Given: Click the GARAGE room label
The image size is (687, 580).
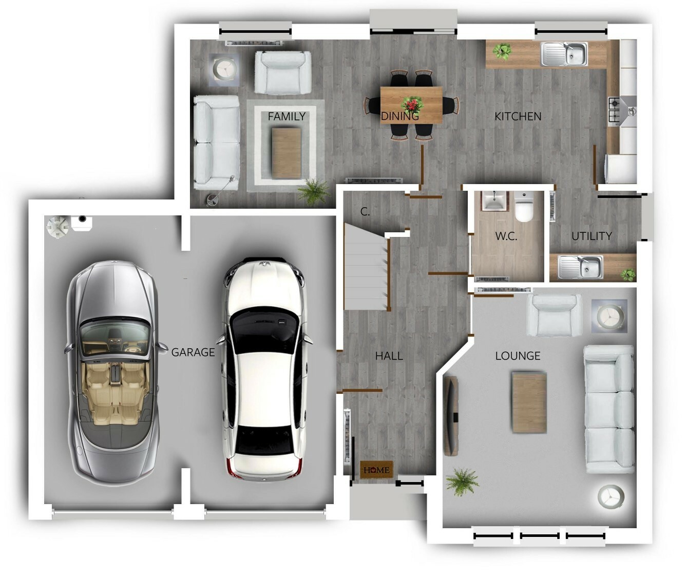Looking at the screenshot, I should click(x=193, y=352).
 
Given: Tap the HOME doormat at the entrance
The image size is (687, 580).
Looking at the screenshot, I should click(x=376, y=470).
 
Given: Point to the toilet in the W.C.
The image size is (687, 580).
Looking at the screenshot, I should click(x=524, y=207).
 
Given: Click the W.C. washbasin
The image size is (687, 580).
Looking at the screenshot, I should click(x=494, y=201).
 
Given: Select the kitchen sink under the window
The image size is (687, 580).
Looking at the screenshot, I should click(x=564, y=53).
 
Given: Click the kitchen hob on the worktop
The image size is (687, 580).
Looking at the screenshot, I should click(x=614, y=110).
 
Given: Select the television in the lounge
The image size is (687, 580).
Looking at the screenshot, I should click(x=451, y=416).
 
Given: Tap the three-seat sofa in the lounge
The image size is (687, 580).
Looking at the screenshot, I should click(x=609, y=409).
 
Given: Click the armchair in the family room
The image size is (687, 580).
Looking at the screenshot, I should click(x=283, y=72).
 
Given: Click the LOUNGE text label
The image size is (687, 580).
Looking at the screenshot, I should click(x=518, y=356).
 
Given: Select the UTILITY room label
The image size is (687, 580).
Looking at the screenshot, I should click(x=591, y=236).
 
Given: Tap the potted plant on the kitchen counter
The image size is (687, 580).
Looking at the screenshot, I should click(x=502, y=51).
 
